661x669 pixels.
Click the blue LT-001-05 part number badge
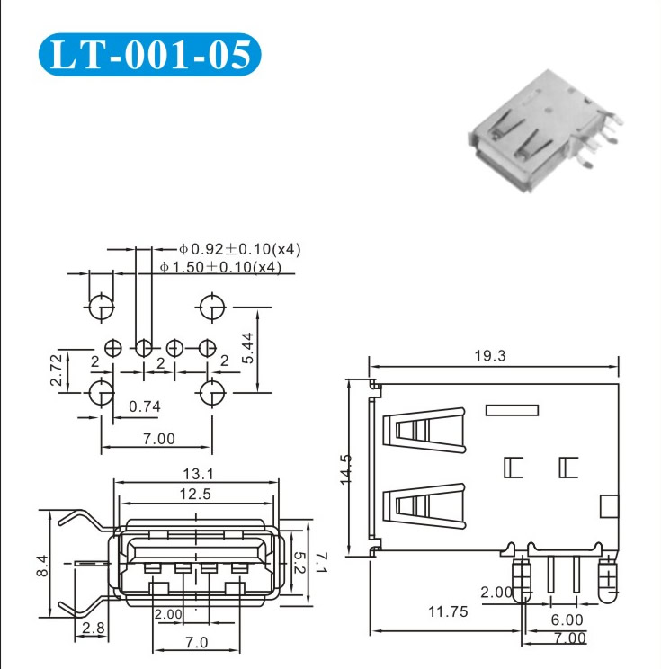[x=149, y=55]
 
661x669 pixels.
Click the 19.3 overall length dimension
[x=490, y=355]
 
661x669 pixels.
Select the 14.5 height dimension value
[x=345, y=469]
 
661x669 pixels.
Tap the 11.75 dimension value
[x=448, y=611]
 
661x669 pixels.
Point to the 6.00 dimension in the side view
[x=567, y=620]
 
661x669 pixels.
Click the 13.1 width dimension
[x=198, y=474]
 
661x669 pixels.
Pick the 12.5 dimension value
[x=195, y=494]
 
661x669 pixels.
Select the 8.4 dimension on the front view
[x=42, y=566]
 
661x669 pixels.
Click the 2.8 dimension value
[x=93, y=628]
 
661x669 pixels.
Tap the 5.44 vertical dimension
[x=247, y=348]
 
